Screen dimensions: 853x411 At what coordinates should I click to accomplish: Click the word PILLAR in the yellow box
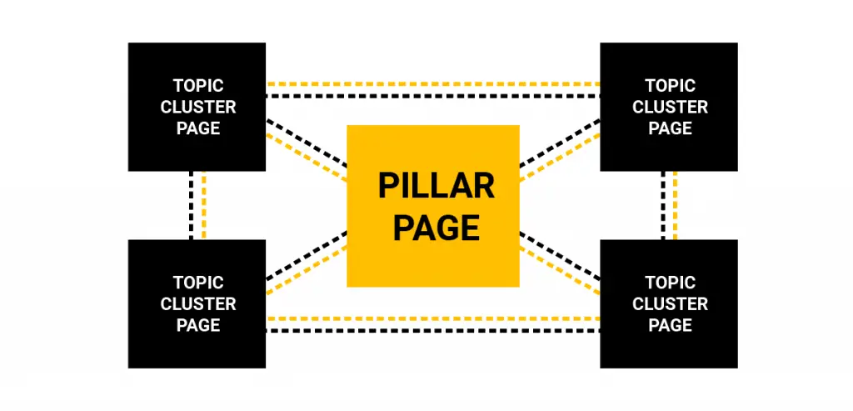436,186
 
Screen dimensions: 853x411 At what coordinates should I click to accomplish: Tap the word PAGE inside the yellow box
436,228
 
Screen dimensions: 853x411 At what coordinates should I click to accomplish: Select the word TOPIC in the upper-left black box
198,86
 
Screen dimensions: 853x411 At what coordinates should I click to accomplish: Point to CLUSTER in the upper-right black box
671,108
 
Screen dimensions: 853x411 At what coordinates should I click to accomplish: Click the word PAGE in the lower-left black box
198,325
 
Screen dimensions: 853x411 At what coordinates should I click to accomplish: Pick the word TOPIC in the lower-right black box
671,283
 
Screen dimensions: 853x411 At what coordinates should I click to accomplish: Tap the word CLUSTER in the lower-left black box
198,303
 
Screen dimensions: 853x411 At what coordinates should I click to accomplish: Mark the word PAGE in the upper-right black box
671,128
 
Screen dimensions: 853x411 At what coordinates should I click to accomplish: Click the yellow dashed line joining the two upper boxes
433,84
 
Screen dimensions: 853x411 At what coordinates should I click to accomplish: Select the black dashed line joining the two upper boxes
433,96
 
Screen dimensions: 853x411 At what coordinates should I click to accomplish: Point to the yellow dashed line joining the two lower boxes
433,318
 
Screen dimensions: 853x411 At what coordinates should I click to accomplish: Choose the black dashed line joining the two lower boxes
433,330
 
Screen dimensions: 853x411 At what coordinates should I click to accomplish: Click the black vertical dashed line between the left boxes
192,205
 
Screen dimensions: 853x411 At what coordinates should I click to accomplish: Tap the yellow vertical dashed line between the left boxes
203,205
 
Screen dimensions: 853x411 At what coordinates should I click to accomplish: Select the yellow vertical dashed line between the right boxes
675,205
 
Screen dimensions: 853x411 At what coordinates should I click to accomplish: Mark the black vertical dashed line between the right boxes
663,205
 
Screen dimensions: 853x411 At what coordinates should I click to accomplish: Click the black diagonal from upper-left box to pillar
307,143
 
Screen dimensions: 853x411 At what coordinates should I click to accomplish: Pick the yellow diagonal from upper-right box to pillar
560,157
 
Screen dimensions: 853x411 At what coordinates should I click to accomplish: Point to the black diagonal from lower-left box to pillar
307,256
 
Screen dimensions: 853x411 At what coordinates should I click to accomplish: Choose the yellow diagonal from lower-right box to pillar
560,270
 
